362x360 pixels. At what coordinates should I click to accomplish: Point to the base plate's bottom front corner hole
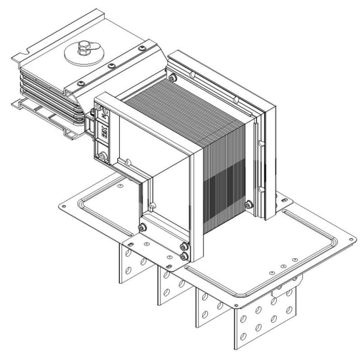pyautogui.click(x=236, y=307)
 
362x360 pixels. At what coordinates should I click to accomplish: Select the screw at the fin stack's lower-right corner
pyautogui.click(x=248, y=205)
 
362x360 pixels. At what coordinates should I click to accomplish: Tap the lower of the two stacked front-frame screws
pyautogui.click(x=183, y=256)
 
